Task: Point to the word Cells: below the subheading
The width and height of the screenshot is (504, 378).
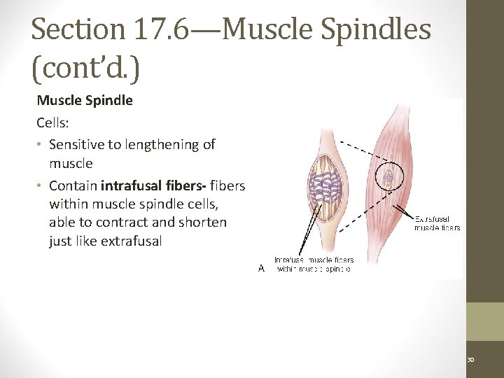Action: pos(52,122)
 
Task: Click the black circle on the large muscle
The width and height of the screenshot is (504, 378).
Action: pos(388,177)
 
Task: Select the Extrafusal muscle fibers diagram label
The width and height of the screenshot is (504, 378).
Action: pos(437,222)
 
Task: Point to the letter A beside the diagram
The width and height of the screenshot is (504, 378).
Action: pos(261,267)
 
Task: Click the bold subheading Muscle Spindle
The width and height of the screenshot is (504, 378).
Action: pos(85,100)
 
